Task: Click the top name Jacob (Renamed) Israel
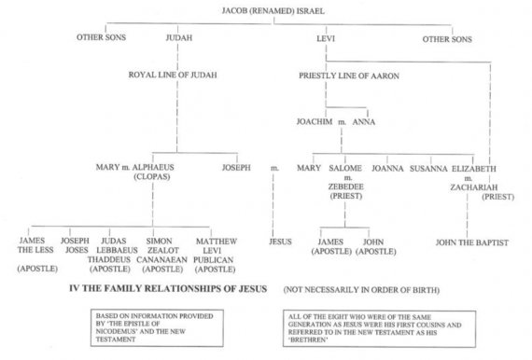[x=273, y=11]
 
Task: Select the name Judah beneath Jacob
[x=179, y=37]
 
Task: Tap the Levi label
[x=326, y=38]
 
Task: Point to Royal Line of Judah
[x=173, y=75]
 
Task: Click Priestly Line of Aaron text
[x=349, y=76]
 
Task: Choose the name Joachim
[x=315, y=121]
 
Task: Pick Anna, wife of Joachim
[x=364, y=121]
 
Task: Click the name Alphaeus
[x=153, y=167]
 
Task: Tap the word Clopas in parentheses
[x=152, y=176]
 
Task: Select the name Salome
[x=345, y=168]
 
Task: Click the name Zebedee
[x=345, y=187]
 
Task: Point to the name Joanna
[x=387, y=169]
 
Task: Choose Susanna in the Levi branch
[x=428, y=169]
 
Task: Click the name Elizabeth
[x=474, y=169]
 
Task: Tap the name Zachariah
[x=474, y=187]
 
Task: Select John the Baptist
[x=472, y=242]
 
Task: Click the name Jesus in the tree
[x=280, y=242]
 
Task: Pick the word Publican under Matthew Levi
[x=214, y=260]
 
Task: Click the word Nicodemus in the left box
[x=116, y=331]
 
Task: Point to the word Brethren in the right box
[x=308, y=340]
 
